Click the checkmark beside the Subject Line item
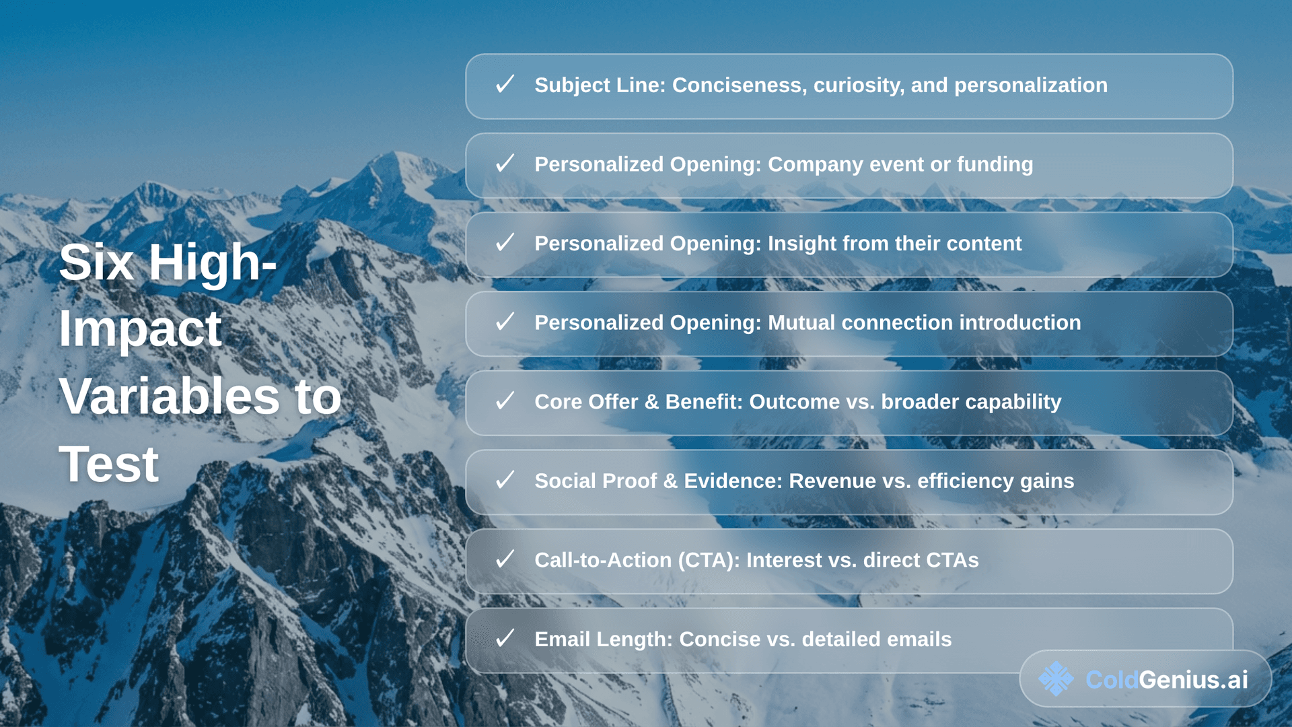(x=505, y=85)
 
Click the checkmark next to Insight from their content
(x=505, y=243)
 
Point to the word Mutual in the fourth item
(x=801, y=322)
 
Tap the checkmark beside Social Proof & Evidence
(x=505, y=481)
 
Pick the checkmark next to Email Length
(x=505, y=639)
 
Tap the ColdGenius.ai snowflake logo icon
(x=1056, y=679)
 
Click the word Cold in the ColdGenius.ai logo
(x=1112, y=680)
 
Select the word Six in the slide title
(x=96, y=263)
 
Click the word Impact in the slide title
(x=140, y=330)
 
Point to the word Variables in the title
(x=169, y=396)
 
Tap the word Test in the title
(x=109, y=464)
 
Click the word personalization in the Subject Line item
(x=1030, y=85)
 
